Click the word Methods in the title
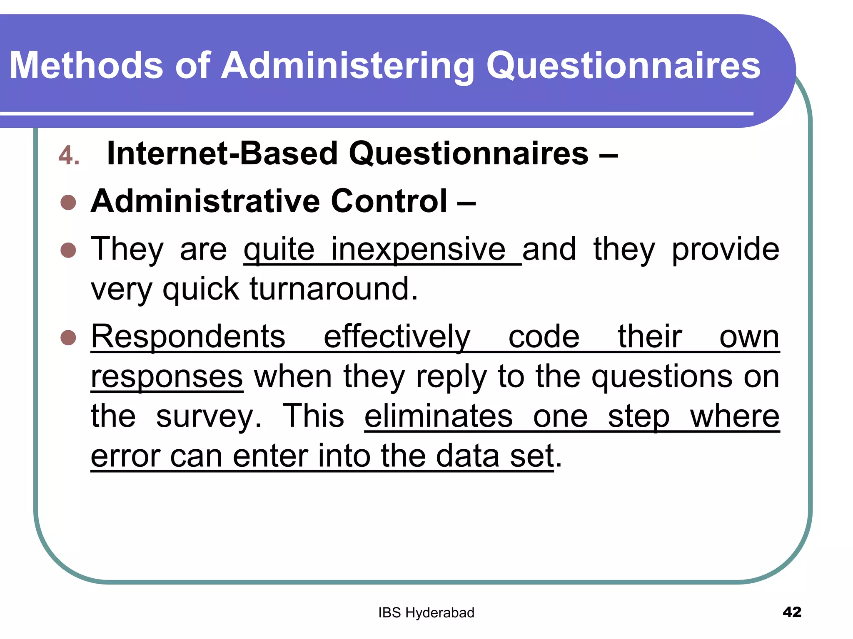pos(86,65)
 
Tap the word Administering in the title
pos(348,65)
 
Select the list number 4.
pos(69,156)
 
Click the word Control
pos(389,201)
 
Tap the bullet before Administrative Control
pos(68,203)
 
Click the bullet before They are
pos(68,250)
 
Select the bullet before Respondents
pos(68,338)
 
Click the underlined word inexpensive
pos(418,250)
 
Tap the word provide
pos(725,250)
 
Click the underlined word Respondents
pos(188,337)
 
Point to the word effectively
pos(397,337)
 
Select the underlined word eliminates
pos(439,416)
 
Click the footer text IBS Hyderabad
pos(426,613)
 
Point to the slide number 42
pos(792,612)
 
